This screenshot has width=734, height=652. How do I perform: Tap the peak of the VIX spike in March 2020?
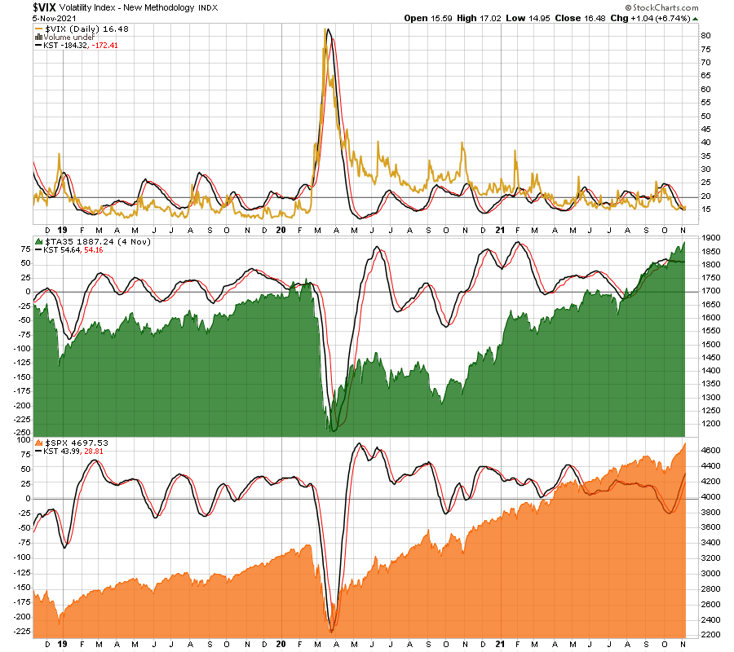tap(326, 30)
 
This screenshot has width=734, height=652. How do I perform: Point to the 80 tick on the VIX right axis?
tap(705, 36)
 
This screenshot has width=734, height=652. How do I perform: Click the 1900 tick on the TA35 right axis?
tap(709, 237)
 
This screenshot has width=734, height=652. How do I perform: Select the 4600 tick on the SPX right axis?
tap(709, 450)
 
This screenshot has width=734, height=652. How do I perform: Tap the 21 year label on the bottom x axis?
tap(500, 644)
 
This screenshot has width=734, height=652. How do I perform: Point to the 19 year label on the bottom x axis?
tap(62, 644)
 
